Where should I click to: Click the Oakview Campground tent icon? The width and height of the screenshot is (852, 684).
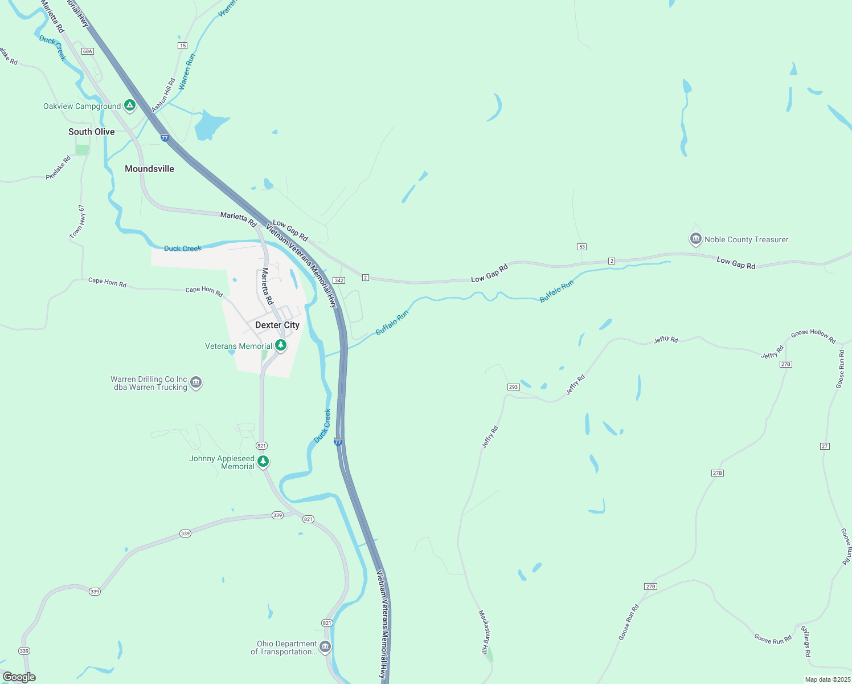point(130,105)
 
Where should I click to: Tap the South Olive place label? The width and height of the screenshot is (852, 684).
point(91,132)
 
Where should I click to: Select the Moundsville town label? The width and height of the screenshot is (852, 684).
point(149,169)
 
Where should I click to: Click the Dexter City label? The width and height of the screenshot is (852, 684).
point(277,325)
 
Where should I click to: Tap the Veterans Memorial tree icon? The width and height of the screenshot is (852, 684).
point(280,345)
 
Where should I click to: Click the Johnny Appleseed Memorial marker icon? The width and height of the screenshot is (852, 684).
point(263,462)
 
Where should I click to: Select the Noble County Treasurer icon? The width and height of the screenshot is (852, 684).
point(695,239)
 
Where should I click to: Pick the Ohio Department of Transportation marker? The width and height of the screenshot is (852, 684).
point(325,647)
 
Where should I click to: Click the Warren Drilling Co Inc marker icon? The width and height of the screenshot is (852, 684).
point(196,382)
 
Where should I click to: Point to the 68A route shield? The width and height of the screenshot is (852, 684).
point(87,51)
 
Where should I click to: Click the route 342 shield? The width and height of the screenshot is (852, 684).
point(339,280)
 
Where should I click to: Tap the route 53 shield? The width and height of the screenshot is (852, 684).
point(581,247)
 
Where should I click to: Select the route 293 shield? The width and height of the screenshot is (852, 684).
point(513,387)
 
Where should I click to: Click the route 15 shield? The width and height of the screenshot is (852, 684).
point(182,45)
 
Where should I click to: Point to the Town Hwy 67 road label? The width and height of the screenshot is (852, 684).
point(77,222)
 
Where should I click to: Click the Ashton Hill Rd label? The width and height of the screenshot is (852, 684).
point(163,95)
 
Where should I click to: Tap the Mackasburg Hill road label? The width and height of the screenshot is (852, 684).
point(484,633)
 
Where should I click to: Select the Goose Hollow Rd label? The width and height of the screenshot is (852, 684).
point(813,336)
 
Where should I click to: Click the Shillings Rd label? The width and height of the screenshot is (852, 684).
point(805,641)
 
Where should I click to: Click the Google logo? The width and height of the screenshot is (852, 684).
point(19,677)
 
